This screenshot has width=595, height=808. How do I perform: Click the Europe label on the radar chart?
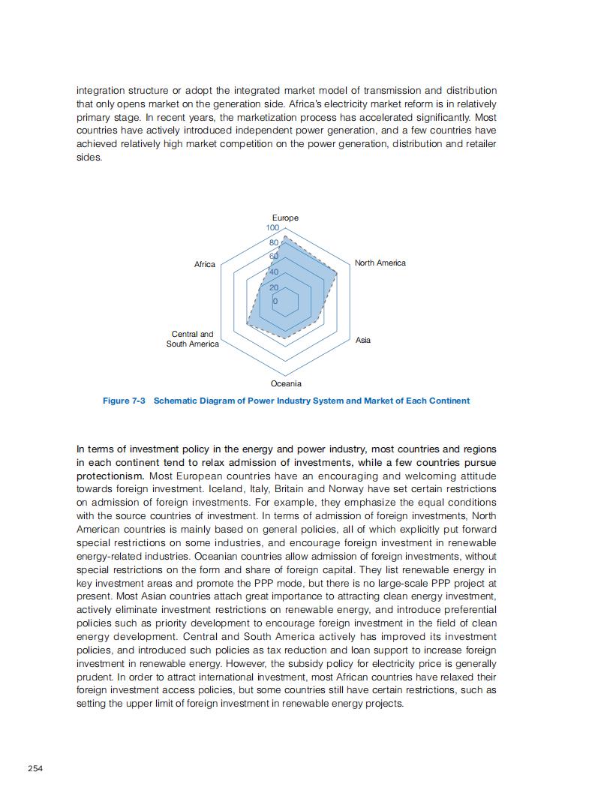click(x=285, y=218)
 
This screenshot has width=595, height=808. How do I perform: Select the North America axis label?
click(x=380, y=263)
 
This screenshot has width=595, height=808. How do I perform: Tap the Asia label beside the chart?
click(x=362, y=340)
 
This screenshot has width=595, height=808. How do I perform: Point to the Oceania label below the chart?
click(x=285, y=383)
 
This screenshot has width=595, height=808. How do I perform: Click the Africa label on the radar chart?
click(x=204, y=264)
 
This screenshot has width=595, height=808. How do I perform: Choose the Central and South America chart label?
click(x=193, y=339)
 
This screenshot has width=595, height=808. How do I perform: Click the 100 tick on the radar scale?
click(x=272, y=227)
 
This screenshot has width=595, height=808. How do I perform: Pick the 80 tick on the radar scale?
click(x=273, y=243)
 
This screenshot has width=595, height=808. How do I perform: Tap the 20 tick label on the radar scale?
click(x=274, y=287)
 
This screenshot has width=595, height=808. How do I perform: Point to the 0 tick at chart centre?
click(x=275, y=301)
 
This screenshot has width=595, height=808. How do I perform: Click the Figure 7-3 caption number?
click(x=124, y=401)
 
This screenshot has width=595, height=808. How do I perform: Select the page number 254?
click(x=35, y=768)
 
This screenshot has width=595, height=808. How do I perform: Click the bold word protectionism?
click(x=110, y=476)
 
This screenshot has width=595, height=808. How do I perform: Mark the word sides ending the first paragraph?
click(x=89, y=158)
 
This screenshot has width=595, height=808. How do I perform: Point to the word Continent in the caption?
click(x=449, y=401)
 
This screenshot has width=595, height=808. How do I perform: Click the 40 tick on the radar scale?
click(x=274, y=272)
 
